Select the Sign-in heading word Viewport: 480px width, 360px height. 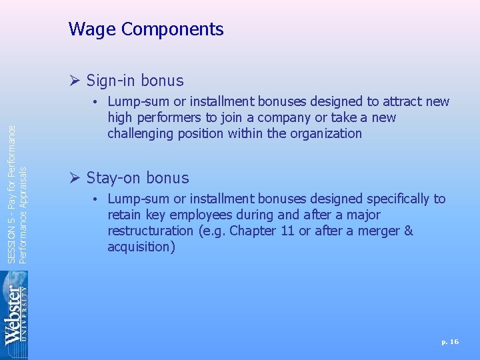coord(112,81)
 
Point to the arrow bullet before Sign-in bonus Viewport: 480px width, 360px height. coord(75,81)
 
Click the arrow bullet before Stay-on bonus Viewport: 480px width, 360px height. coord(75,178)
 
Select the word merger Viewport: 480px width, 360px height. coord(381,231)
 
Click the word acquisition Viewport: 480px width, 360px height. coord(141,247)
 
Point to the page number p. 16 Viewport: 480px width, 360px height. coord(450,341)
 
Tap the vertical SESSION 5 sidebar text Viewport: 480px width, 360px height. coord(17,186)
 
